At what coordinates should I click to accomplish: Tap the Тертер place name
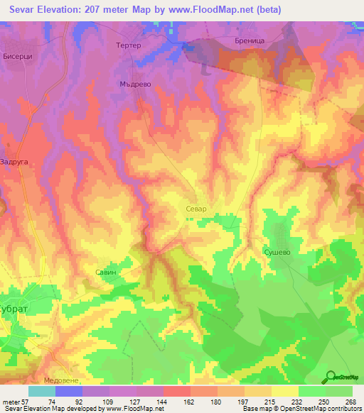pyautogui.click(x=129, y=45)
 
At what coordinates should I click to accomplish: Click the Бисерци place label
pyautogui.click(x=18, y=55)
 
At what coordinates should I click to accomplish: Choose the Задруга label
pyautogui.click(x=15, y=162)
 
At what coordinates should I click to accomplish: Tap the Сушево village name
pyautogui.click(x=277, y=251)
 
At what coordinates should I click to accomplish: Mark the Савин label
pyautogui.click(x=105, y=272)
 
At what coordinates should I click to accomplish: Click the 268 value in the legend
pyautogui.click(x=351, y=401)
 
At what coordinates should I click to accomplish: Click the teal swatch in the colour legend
pyautogui.click(x=41, y=391)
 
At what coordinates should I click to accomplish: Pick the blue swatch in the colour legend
pyautogui.click(x=68, y=391)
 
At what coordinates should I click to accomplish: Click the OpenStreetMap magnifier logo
pyautogui.click(x=329, y=377)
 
